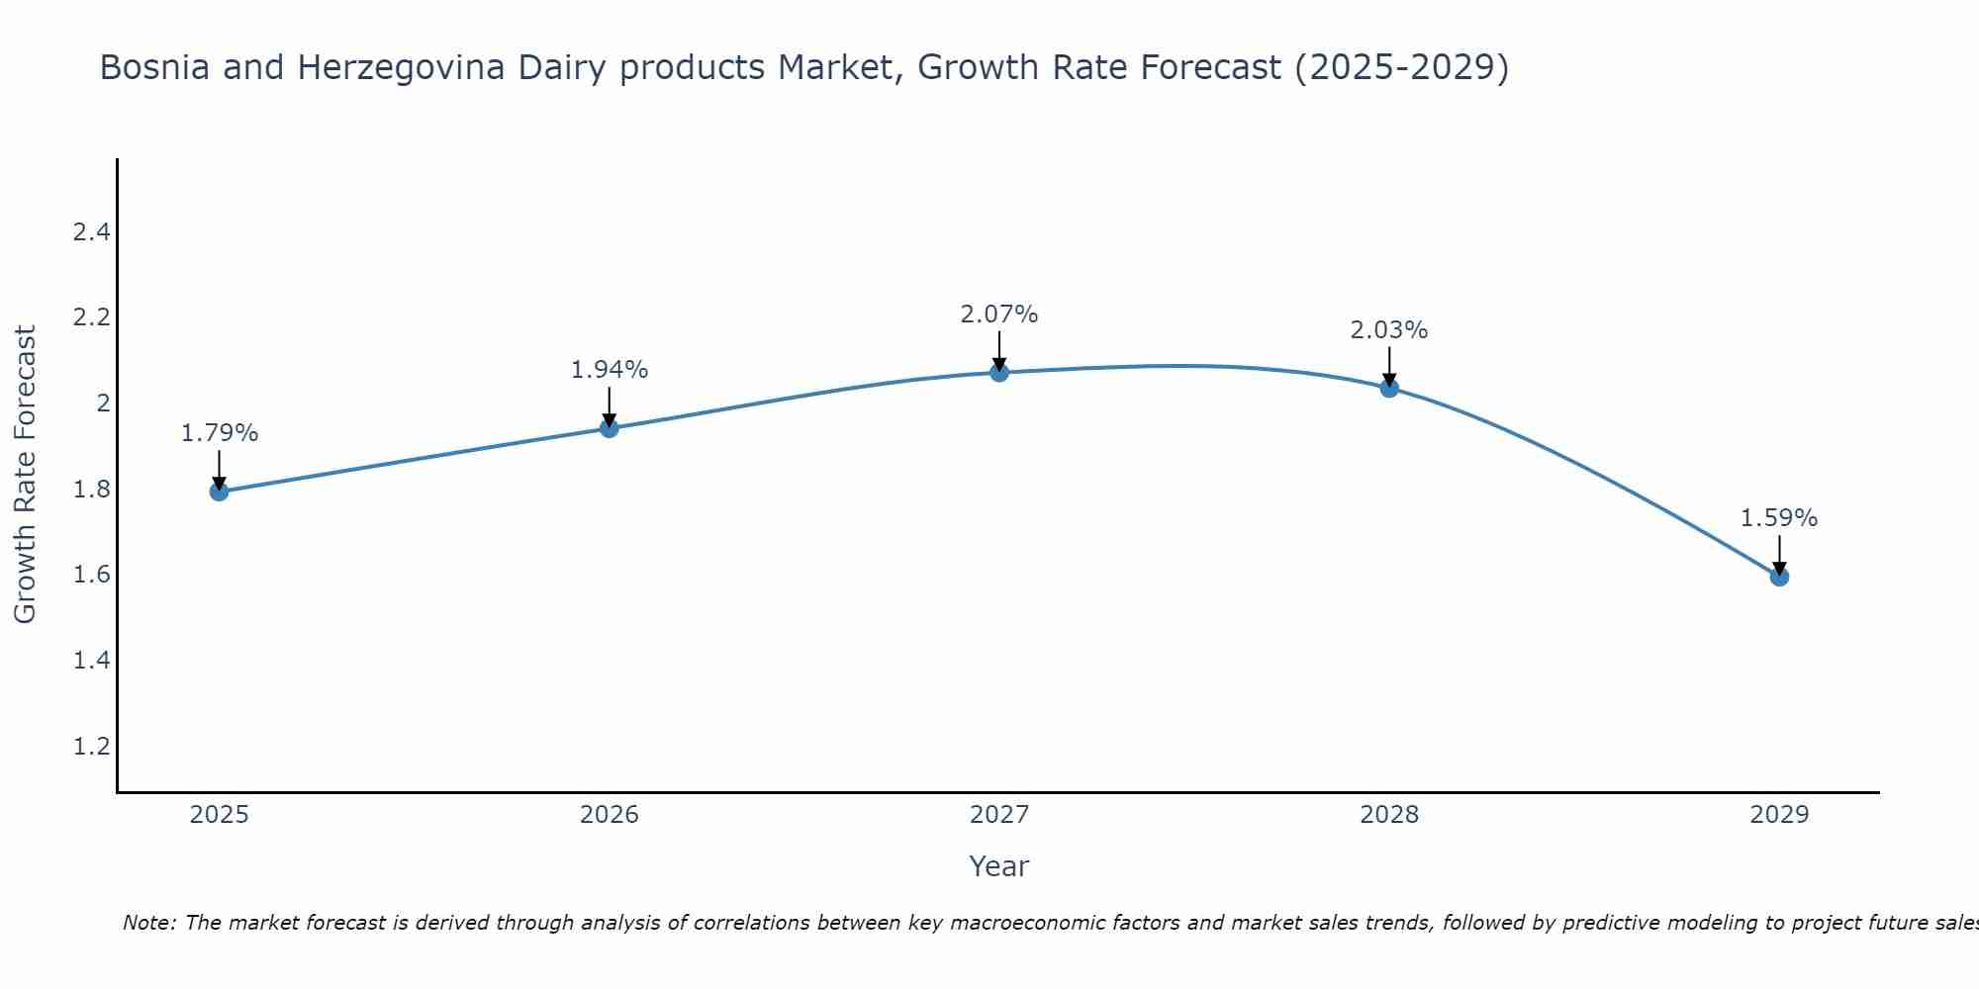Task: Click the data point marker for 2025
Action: click(220, 492)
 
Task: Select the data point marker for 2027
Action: click(999, 373)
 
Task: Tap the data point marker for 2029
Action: click(1779, 577)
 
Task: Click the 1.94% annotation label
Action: click(610, 370)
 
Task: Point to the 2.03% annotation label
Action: click(1389, 330)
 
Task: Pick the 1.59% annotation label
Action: click(1779, 518)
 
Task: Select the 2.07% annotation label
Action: click(999, 315)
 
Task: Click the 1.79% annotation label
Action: click(220, 433)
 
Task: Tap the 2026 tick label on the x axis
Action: click(610, 815)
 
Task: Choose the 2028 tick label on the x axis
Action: click(1389, 815)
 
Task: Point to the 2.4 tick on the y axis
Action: click(91, 232)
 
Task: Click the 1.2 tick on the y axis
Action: click(91, 746)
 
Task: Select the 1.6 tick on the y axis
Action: click(91, 575)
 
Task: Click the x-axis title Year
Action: click(999, 866)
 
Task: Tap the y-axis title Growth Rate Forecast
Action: click(26, 475)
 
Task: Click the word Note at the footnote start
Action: click(148, 923)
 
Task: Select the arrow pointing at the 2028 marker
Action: click(1389, 366)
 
